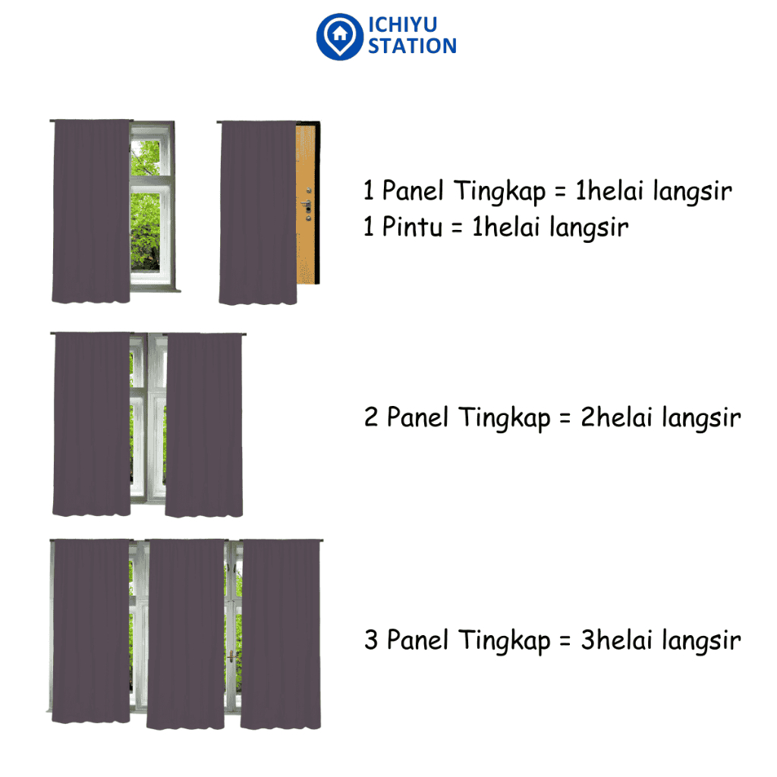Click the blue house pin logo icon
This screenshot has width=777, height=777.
340,36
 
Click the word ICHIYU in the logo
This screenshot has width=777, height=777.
402,24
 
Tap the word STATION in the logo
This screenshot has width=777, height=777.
412,46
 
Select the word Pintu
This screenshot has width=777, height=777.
412,228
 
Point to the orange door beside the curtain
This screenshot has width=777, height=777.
307,203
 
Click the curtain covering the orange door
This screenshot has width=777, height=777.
258,212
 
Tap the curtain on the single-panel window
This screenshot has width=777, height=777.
91,211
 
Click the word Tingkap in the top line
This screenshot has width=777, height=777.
500,192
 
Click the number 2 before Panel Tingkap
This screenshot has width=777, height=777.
371,417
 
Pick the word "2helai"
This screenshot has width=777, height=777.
616,417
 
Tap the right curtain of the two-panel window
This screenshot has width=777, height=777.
204,425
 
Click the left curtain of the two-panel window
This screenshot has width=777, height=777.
92,424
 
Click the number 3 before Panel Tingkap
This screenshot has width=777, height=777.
371,639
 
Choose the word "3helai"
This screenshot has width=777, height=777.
616,640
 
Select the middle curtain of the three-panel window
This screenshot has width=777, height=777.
186,634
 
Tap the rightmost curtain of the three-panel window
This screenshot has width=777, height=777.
281,634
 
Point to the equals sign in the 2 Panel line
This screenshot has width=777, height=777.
565,418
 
